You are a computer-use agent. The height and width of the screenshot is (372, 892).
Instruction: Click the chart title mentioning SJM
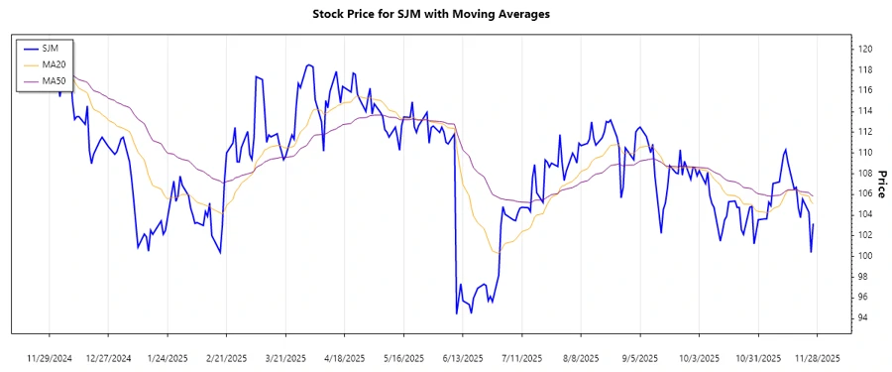(445, 15)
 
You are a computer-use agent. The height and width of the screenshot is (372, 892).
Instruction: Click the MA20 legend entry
(55, 64)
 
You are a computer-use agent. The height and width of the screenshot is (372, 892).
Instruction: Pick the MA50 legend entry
(55, 80)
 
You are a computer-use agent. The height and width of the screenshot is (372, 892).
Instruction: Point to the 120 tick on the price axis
(864, 49)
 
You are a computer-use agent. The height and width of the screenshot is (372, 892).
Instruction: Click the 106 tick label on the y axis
(864, 193)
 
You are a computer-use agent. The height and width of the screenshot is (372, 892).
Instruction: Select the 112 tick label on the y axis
(864, 131)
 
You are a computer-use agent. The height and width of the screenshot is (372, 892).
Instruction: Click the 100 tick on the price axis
(864, 255)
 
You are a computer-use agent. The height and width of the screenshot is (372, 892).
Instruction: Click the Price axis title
(881, 183)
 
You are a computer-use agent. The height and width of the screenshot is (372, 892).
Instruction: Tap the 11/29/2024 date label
(50, 357)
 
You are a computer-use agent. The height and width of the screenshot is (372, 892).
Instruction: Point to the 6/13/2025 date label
(463, 357)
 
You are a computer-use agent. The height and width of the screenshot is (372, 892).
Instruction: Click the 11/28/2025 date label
(818, 357)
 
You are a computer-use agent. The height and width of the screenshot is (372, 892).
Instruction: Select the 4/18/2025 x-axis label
(344, 357)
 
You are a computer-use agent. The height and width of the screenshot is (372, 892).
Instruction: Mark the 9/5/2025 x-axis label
(639, 357)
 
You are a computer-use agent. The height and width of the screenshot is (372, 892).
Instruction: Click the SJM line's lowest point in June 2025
(456, 313)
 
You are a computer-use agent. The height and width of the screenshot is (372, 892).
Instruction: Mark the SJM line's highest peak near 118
(309, 65)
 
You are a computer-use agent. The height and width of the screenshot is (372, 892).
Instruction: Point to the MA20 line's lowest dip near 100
(493, 253)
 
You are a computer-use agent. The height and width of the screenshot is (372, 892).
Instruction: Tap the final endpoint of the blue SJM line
(814, 224)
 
